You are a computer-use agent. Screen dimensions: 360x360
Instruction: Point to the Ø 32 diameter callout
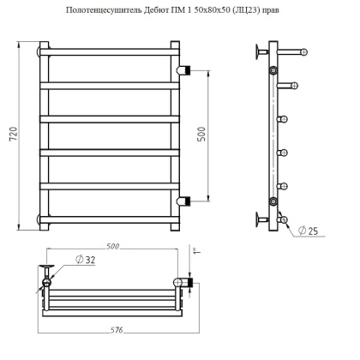[x=83, y=260]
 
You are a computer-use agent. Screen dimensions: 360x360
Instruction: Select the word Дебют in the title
[x=152, y=10]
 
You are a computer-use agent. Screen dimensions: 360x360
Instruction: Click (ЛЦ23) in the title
[x=256, y=10]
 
